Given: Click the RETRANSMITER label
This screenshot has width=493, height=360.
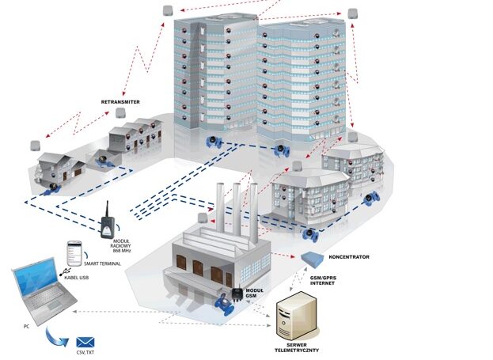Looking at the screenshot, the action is pyautogui.click(x=120, y=102).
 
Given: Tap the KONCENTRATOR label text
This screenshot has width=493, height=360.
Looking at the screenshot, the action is pyautogui.click(x=349, y=257).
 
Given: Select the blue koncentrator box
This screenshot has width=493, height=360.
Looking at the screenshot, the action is pyautogui.click(x=313, y=260).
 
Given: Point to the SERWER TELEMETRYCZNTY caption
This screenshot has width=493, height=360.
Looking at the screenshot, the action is pyautogui.click(x=297, y=347).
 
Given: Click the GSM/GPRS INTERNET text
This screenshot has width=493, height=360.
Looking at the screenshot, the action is pyautogui.click(x=323, y=280).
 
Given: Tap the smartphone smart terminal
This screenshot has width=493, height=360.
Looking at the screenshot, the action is pyautogui.click(x=74, y=253).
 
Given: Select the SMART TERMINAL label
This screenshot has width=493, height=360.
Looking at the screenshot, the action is pyautogui.click(x=102, y=263).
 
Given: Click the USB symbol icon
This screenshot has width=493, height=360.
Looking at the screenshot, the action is pyautogui.click(x=65, y=271).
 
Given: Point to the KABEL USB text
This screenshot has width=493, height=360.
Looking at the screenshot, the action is pyautogui.click(x=77, y=278).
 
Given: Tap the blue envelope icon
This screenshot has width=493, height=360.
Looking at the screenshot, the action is pyautogui.click(x=85, y=343).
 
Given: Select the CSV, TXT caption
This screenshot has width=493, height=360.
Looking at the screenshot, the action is pyautogui.click(x=85, y=352).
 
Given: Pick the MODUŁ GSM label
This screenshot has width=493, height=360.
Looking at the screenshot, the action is pyautogui.click(x=254, y=293).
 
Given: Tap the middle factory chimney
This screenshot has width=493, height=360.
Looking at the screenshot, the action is pyautogui.click(x=237, y=209).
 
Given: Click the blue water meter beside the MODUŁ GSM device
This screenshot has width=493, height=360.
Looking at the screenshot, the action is pyautogui.click(x=225, y=304).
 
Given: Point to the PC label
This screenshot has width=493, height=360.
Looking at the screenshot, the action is pyautogui.click(x=26, y=326).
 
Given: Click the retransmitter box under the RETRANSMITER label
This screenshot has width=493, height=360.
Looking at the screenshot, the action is pyautogui.click(x=120, y=113).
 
